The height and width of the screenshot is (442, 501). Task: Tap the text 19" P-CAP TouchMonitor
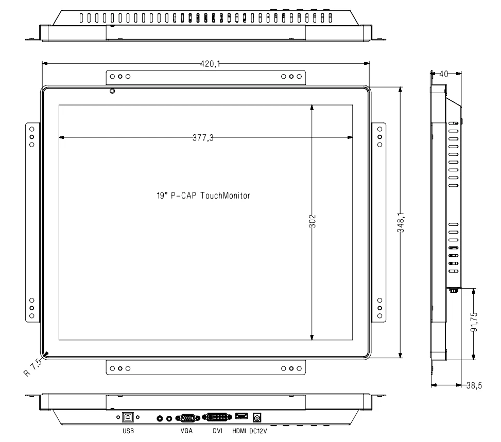(203, 196)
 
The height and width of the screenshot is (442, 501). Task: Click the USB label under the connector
(127, 433)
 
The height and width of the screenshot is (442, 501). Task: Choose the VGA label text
(186, 433)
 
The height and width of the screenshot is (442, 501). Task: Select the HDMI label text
(239, 433)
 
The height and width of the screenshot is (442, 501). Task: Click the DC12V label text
(260, 433)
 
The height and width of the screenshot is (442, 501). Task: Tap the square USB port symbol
(127, 418)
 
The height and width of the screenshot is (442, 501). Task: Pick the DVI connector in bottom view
(218, 418)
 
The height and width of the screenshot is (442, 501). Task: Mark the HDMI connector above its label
(241, 417)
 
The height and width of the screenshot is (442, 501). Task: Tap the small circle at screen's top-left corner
(112, 92)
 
